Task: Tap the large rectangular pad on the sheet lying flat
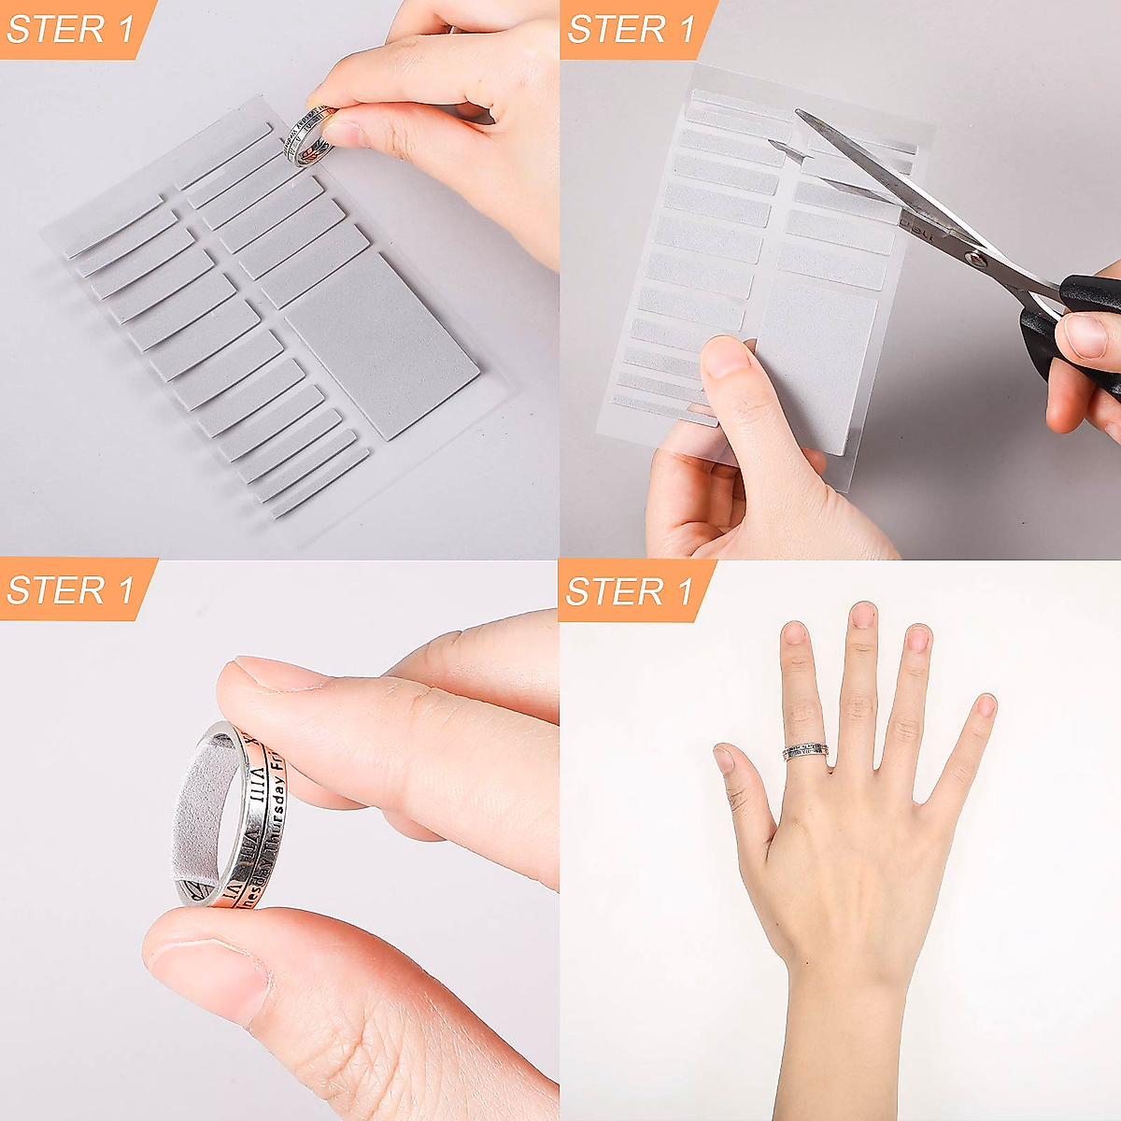(381, 344)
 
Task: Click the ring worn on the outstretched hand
(806, 751)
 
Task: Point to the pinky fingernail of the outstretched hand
(986, 704)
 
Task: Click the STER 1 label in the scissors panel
(631, 29)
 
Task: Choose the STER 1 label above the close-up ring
(71, 590)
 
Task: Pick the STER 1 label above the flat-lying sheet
(71, 29)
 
